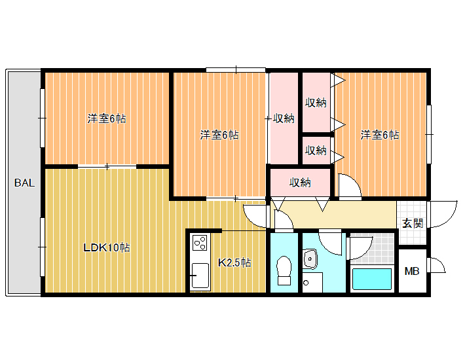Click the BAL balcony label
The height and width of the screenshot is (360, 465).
coord(25,183)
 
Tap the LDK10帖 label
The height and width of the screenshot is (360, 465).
coord(107,247)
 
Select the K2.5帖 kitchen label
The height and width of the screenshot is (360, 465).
coord(234,262)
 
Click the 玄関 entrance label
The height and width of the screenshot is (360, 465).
coord(413,223)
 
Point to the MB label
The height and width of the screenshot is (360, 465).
coord(412,271)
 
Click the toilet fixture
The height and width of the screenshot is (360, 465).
coord(284,270)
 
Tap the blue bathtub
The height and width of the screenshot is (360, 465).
coord(372,279)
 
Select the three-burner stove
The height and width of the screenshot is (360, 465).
coord(200,243)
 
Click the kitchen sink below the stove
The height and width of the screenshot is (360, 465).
coord(200,276)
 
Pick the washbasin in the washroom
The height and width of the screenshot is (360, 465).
coord(310,259)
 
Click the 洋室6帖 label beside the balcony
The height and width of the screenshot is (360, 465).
coord(107,118)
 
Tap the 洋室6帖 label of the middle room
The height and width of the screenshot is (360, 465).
coord(219,135)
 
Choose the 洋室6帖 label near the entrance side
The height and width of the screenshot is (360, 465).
coord(380,135)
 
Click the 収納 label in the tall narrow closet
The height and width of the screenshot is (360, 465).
coord(284,118)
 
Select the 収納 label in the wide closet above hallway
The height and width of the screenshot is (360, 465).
coord(300,183)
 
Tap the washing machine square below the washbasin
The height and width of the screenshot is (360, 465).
coord(312,283)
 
